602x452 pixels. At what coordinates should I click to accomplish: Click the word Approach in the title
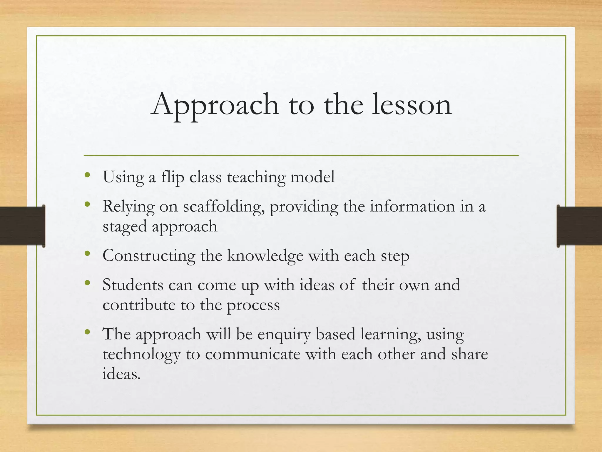(215, 105)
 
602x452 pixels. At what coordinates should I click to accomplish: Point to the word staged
(124, 227)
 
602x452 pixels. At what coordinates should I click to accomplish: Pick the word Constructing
(149, 256)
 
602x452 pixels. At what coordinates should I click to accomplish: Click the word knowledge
(265, 256)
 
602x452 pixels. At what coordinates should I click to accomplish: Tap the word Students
(133, 285)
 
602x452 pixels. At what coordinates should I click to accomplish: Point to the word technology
(141, 354)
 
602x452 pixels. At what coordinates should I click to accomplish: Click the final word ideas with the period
(121, 374)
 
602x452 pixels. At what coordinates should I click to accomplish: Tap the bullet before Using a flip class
(87, 175)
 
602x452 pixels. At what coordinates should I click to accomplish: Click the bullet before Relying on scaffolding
(87, 204)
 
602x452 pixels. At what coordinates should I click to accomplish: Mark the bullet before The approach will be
(87, 332)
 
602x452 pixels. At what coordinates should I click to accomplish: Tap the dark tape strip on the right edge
(579, 226)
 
